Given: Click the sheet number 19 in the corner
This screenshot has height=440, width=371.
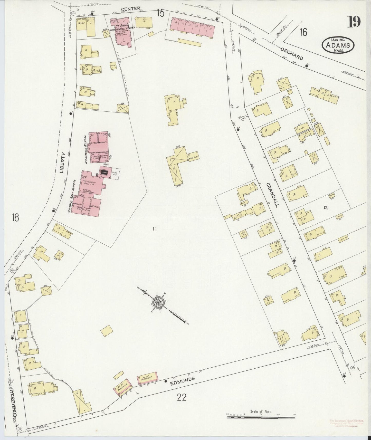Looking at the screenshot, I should [354, 22].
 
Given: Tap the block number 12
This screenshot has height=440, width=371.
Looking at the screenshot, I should [326, 208].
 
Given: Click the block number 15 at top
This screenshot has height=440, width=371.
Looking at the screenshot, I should [160, 13].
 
